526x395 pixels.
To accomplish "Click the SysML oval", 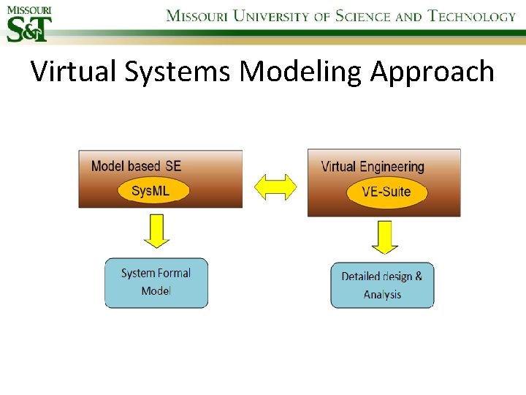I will (153, 192).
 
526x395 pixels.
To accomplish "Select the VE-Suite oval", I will (386, 192).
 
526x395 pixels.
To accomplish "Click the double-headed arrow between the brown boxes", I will (275, 187).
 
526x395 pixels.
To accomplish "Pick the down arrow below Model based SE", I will (156, 230).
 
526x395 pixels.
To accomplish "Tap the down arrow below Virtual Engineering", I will (385, 237).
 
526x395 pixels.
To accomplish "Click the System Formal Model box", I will (156, 282).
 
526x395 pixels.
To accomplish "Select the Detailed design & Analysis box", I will (382, 285).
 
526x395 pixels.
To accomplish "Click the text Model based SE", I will (136, 166).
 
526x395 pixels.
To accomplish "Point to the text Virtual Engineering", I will (373, 167).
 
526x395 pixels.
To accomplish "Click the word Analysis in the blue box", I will (382, 295).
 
